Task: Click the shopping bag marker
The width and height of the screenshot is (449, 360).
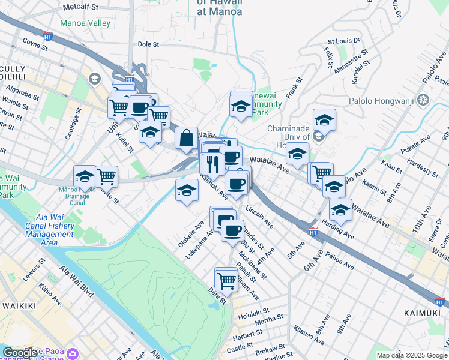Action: pyautogui.click(x=187, y=138)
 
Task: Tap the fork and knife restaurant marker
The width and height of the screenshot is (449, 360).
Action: pyautogui.click(x=212, y=163)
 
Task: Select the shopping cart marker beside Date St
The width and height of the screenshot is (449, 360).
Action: pyautogui.click(x=226, y=280)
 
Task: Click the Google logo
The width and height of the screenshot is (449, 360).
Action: pyautogui.click(x=20, y=353)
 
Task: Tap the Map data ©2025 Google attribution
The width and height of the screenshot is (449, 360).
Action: pyautogui.click(x=411, y=355)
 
